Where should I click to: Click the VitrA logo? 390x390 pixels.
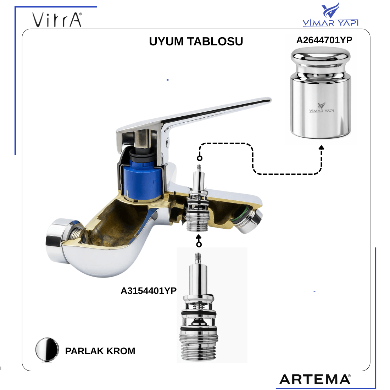57,19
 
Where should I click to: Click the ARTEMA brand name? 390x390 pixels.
315,379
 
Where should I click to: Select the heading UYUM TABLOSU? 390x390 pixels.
196,41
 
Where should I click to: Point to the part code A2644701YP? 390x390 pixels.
324,40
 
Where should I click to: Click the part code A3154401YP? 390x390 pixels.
149,290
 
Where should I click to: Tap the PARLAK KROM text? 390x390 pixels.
100,351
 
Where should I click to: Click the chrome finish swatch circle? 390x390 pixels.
47,350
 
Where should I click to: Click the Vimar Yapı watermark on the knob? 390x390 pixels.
321,107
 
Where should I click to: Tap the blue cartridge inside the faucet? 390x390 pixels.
142,178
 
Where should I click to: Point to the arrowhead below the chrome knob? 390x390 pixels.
321,147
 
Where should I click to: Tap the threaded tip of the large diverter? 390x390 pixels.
198,259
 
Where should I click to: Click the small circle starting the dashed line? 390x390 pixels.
200,158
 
